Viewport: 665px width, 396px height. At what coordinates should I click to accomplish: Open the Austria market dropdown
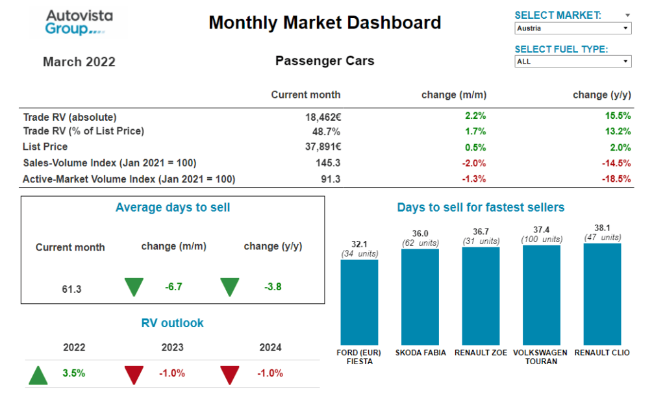572,29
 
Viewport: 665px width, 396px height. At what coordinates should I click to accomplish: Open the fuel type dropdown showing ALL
572,62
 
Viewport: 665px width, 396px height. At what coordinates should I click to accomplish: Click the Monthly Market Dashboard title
325,23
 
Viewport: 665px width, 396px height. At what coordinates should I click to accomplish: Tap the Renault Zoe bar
481,296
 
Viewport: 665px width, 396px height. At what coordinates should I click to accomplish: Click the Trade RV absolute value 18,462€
319,117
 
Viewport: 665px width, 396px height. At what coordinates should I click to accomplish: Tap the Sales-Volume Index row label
109,163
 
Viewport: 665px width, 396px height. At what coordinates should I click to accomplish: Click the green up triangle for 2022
38,375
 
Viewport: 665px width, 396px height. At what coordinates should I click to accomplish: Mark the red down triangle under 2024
229,375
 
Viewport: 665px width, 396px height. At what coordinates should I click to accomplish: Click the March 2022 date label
79,62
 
